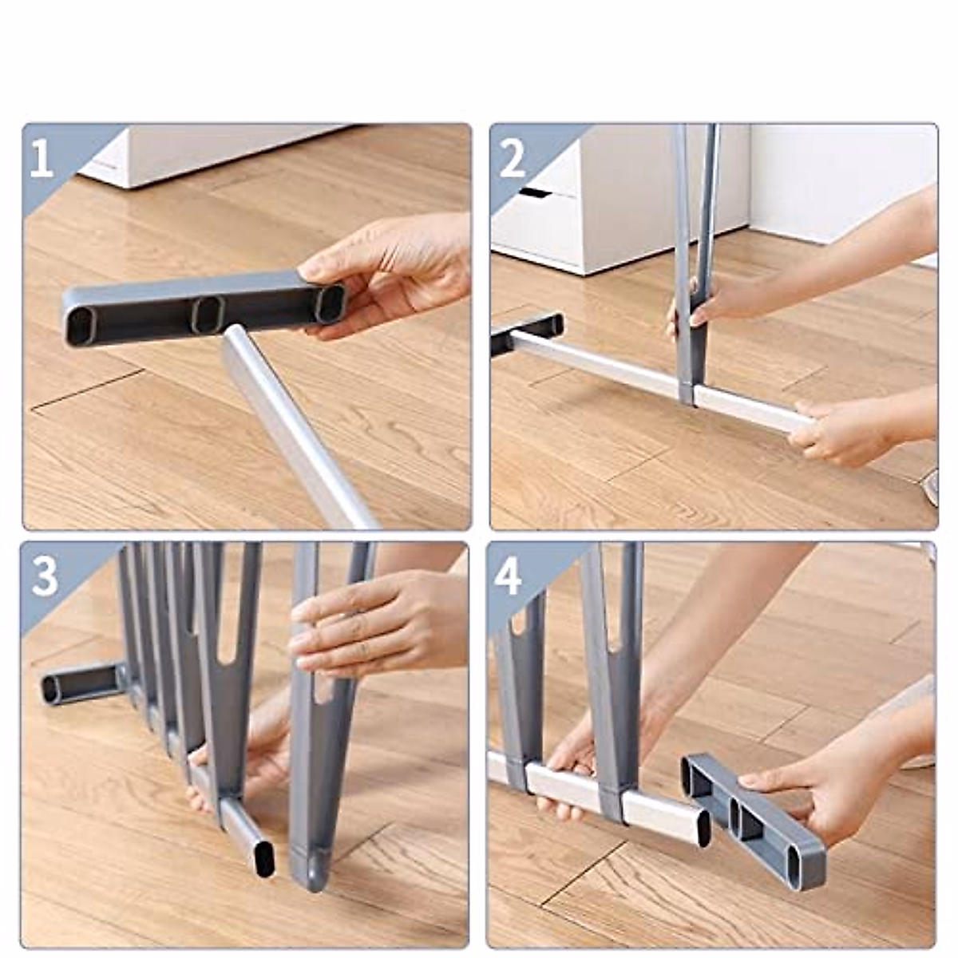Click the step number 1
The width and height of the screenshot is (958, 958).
coord(42,157)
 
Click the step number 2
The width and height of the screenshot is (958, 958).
coord(512,157)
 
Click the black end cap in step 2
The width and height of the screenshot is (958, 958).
coord(527,334)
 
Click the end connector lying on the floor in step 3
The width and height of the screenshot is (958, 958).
coord(82,683)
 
